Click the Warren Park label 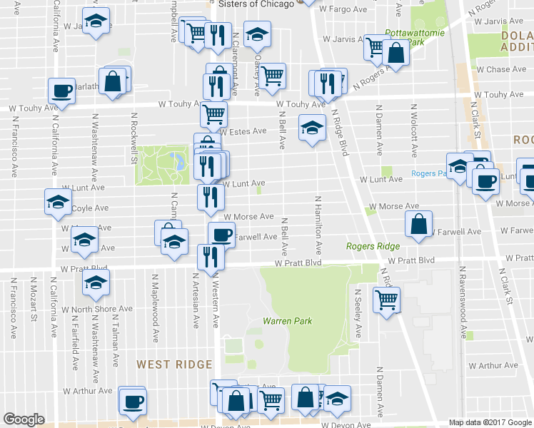click(288, 321)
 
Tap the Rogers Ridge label click(373, 246)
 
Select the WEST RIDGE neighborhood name click(174, 365)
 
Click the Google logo click(24, 419)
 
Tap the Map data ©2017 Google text click(490, 422)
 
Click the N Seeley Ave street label click(359, 313)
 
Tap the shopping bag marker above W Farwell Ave click(418, 223)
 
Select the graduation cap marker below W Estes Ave click(311, 128)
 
